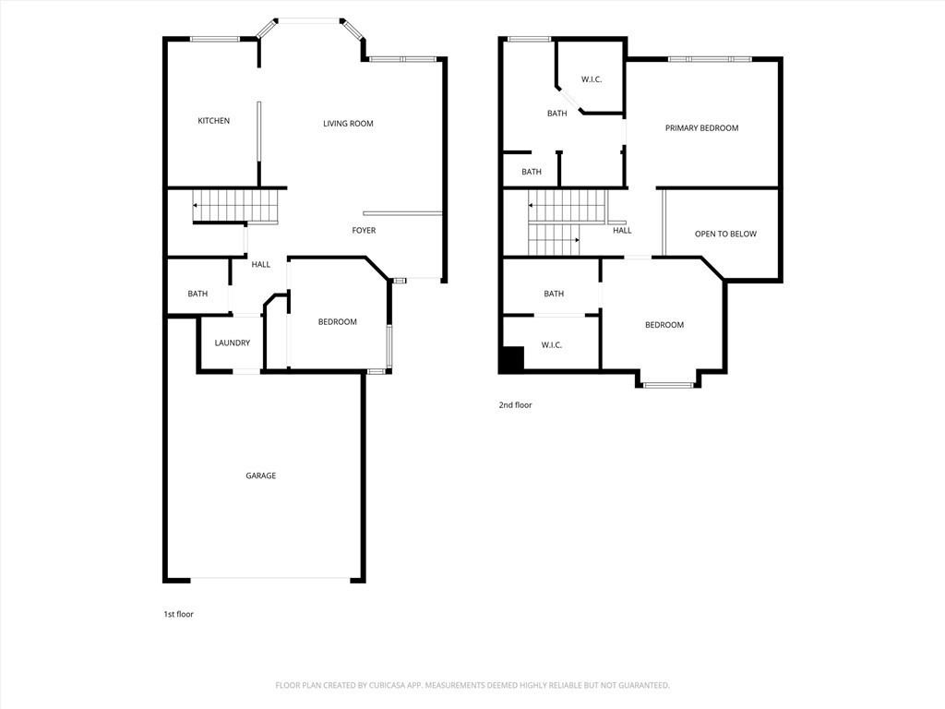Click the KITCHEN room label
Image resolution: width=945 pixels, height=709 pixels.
(x=213, y=121)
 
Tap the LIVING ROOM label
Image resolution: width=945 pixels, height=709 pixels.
(x=348, y=124)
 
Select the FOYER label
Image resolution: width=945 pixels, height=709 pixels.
(x=364, y=231)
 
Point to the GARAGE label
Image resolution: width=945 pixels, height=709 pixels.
(x=260, y=476)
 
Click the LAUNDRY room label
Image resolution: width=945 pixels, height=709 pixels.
(x=232, y=343)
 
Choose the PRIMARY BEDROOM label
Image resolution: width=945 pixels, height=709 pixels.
(x=701, y=128)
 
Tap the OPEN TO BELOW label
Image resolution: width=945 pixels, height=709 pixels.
(x=725, y=234)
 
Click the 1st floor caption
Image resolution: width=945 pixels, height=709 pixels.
(x=178, y=614)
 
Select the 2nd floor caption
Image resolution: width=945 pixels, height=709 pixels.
(x=516, y=405)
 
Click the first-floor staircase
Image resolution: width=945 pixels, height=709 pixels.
(x=236, y=206)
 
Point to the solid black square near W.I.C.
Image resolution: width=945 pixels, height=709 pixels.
(x=511, y=359)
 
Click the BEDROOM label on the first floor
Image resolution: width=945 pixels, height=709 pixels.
(x=337, y=322)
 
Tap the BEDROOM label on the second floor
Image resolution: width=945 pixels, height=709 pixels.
(x=664, y=325)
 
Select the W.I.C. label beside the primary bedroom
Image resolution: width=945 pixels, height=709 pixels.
(x=592, y=79)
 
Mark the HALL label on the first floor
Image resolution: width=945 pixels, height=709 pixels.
(x=261, y=265)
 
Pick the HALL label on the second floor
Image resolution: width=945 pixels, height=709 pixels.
(x=623, y=231)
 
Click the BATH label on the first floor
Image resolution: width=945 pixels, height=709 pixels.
(x=197, y=294)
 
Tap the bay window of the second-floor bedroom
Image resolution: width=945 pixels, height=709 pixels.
(x=667, y=384)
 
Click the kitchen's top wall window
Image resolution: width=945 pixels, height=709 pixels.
(x=215, y=39)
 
